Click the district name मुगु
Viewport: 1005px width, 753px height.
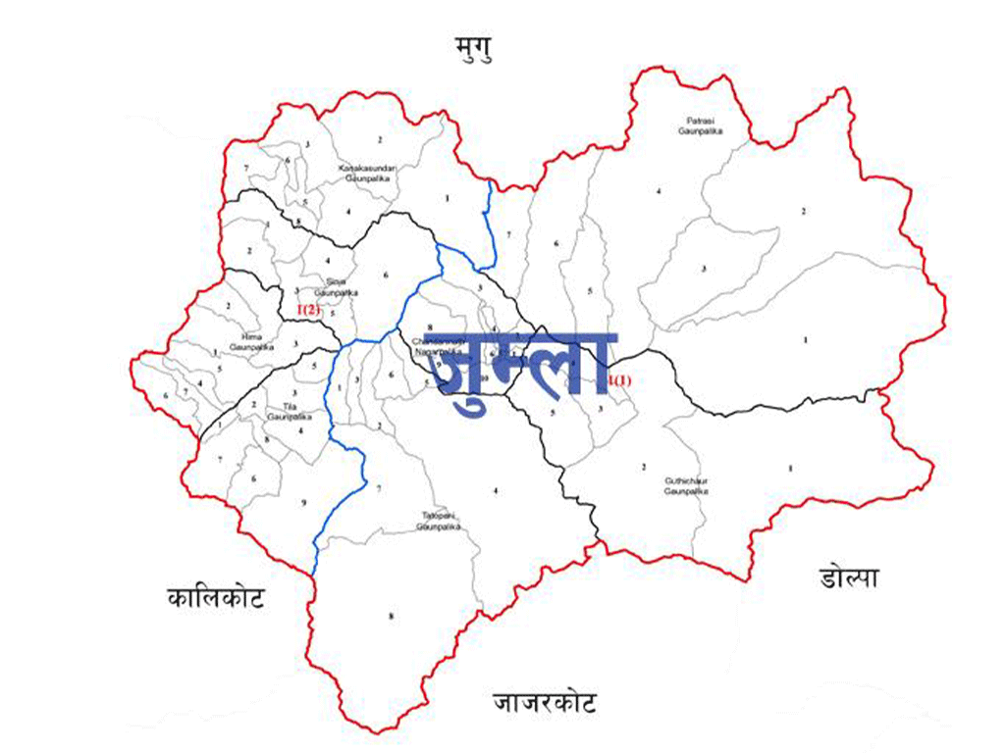click(x=477, y=45)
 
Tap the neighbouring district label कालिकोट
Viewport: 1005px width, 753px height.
click(x=215, y=597)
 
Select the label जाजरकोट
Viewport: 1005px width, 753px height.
click(x=546, y=702)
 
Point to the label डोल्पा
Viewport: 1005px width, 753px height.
click(x=848, y=578)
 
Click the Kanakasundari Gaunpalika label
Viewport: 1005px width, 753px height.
click(x=365, y=172)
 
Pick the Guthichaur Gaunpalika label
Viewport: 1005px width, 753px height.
click(x=686, y=485)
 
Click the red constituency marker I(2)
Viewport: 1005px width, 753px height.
click(x=309, y=310)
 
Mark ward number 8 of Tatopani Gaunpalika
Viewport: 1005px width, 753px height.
click(x=391, y=616)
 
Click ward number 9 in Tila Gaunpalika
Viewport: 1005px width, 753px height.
click(x=304, y=502)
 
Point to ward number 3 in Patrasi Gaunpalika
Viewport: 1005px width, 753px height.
click(x=704, y=269)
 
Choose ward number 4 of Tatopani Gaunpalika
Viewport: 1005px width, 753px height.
click(x=497, y=489)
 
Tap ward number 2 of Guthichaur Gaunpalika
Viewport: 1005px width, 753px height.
click(x=644, y=466)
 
